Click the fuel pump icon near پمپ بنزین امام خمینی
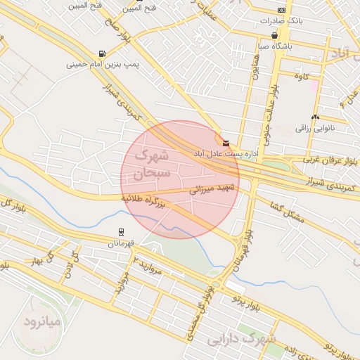point(103,53)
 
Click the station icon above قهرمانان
point(122,231)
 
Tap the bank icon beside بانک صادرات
point(281,10)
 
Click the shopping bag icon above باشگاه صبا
point(274,35)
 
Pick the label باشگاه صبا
point(273,46)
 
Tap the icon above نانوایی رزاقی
point(315,117)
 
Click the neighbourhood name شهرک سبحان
point(150,162)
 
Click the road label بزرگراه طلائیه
point(144,200)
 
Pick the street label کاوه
point(302,75)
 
